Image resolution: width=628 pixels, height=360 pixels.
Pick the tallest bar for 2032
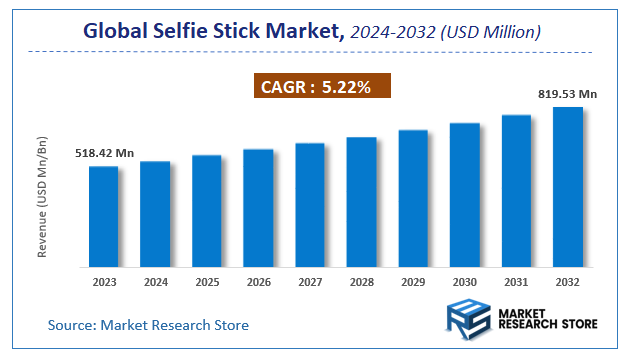pos(567,187)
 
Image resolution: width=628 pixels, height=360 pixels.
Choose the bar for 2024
pos(155,214)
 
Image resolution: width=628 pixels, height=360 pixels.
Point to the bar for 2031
pos(516,191)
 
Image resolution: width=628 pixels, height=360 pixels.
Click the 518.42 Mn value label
pos(104,154)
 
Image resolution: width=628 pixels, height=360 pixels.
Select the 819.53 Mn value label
pos(566,94)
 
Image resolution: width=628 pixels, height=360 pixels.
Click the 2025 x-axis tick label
pos(206,283)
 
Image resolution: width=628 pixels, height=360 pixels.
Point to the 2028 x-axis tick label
pos(361,283)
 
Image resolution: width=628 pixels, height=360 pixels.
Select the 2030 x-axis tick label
pos(464,283)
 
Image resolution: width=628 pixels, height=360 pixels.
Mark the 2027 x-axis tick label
pos(310,283)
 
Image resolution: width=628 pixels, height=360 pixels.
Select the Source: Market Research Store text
pos(148,325)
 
